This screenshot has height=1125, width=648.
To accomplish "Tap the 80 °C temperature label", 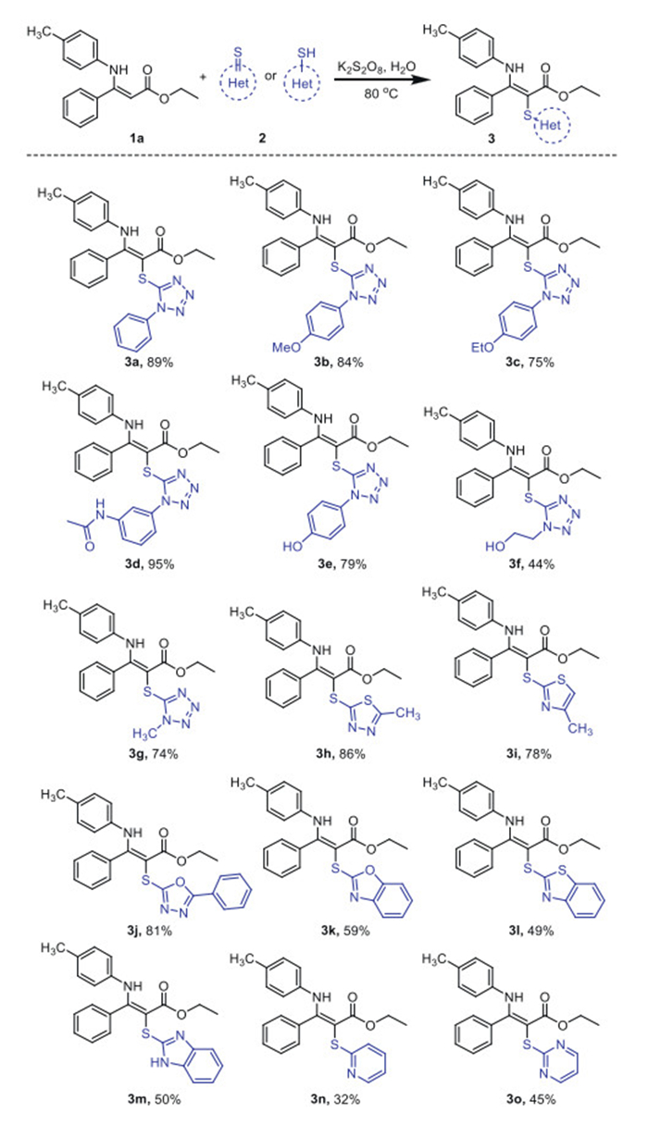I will [370, 93].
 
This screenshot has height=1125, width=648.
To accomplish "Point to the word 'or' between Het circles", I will [250, 80].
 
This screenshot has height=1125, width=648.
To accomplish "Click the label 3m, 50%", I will [132, 1098].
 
